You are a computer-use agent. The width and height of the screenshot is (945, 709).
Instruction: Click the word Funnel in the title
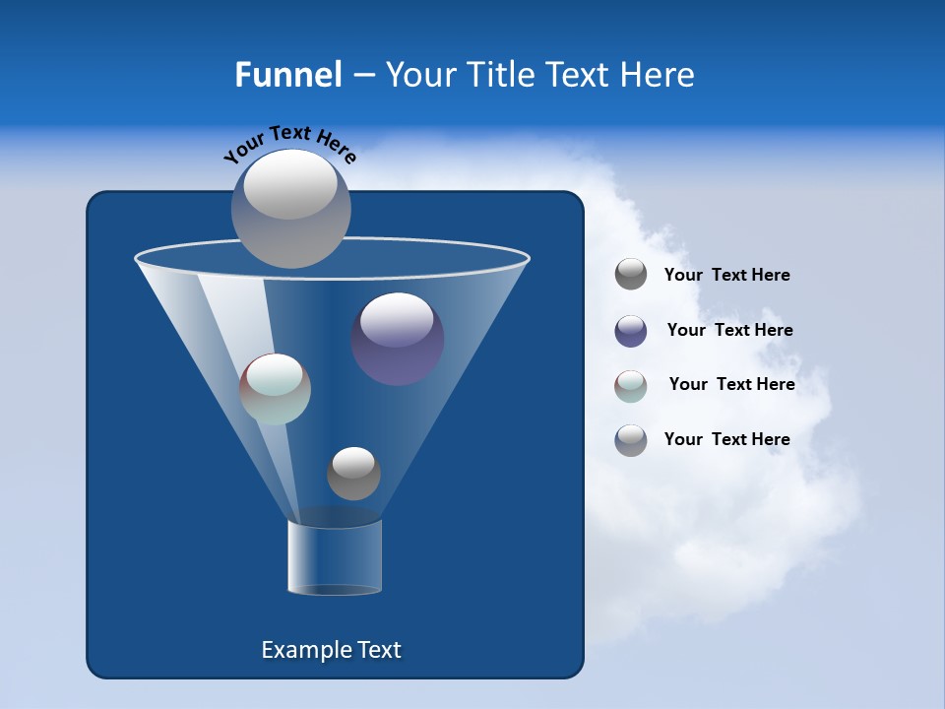(x=287, y=75)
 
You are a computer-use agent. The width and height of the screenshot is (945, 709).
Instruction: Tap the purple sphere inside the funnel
(x=398, y=340)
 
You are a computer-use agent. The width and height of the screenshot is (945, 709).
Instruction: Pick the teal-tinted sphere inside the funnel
(x=276, y=389)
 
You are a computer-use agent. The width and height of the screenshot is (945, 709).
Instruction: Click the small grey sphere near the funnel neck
(x=353, y=474)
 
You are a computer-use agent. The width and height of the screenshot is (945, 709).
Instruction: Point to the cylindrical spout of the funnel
(x=335, y=557)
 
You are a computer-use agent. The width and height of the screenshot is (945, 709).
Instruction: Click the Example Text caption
(x=331, y=650)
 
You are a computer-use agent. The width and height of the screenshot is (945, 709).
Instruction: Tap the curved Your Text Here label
(x=289, y=144)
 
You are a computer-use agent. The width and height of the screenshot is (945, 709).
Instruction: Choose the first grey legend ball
(x=631, y=275)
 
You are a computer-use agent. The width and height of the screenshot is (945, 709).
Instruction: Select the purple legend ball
(x=631, y=331)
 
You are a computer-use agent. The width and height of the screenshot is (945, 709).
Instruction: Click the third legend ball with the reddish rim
(x=631, y=385)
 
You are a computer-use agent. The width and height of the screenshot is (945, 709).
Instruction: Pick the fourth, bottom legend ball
(x=631, y=440)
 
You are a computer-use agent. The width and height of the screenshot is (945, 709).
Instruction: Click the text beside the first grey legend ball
(x=726, y=276)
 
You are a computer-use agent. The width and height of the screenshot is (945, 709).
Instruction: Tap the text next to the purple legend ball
(x=729, y=331)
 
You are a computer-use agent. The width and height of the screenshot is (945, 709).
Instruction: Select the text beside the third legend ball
(x=731, y=385)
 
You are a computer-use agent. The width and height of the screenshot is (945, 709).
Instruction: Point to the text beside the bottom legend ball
(x=726, y=440)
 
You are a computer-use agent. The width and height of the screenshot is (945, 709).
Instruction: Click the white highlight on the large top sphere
(x=289, y=187)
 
